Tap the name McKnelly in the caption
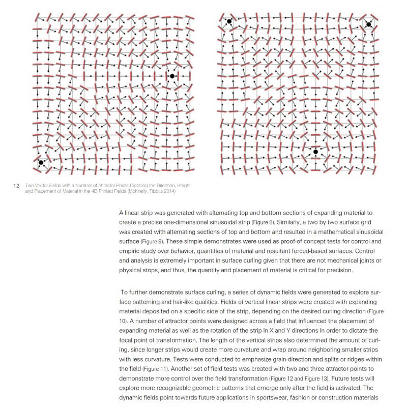(138, 191)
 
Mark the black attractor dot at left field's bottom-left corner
(41, 163)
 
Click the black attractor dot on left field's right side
(172, 76)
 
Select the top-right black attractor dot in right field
(368, 24)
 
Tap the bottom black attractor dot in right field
(315, 152)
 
